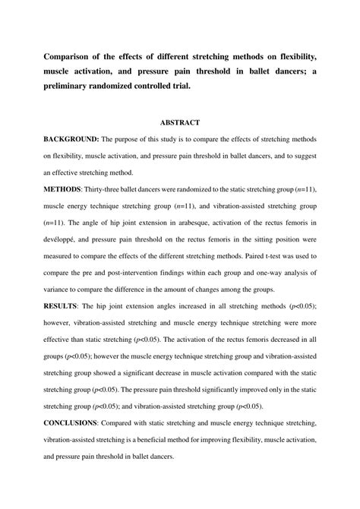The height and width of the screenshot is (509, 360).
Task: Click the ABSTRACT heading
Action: [x=179, y=122]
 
